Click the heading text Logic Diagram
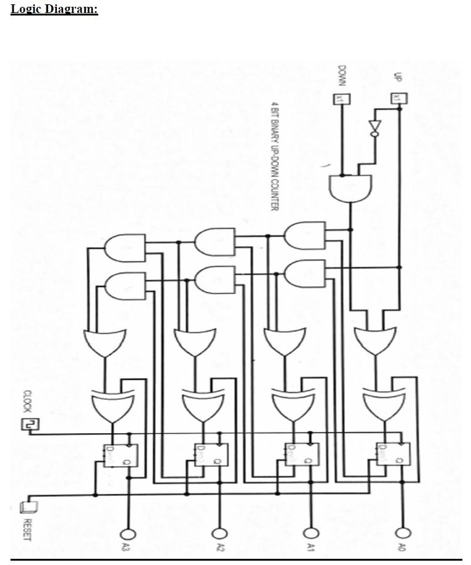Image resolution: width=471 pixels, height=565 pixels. [54, 9]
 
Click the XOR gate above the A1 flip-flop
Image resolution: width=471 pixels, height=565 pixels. [289, 406]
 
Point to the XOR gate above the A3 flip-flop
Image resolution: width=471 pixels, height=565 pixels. [108, 406]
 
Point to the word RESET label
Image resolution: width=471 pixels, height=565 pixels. [27, 530]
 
